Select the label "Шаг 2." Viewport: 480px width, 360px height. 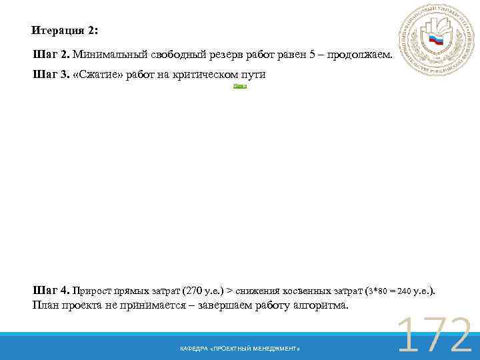point(51,54)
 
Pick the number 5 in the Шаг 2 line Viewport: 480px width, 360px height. point(312,54)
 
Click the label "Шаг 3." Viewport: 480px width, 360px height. point(51,74)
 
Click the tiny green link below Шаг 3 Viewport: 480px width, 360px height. point(240,87)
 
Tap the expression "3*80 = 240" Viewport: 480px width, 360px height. point(389,291)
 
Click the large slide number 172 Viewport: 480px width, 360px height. point(434,335)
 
